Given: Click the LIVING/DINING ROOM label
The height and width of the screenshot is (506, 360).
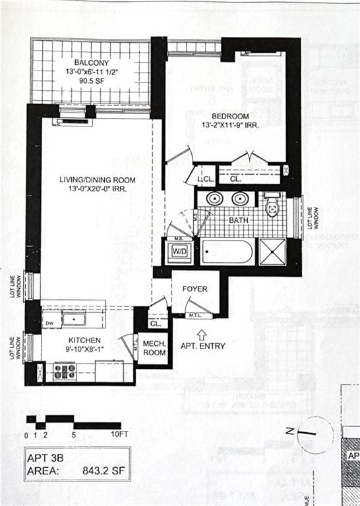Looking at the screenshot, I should [96, 180].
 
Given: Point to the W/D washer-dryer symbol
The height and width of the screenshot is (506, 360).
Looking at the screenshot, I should [179, 251].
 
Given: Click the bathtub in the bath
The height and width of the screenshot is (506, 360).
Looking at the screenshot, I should [227, 252].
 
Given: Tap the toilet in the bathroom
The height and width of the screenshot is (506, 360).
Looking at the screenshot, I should [272, 207].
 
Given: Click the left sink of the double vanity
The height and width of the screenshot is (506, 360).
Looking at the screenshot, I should [214, 198].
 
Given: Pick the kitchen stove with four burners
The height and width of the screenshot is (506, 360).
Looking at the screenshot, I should [65, 372].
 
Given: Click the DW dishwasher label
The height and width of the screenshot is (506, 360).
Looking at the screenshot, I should [49, 323].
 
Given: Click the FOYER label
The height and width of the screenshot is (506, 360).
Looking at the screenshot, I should [195, 289].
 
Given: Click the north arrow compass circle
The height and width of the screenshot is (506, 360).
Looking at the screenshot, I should [315, 434].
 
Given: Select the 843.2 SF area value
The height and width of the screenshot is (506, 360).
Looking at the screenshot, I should [100, 471].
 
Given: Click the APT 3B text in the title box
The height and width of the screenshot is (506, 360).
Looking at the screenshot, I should [49, 457].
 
